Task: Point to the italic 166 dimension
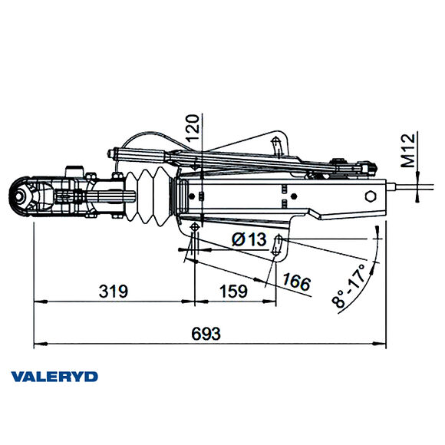tap(296, 282)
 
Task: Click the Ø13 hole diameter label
tap(248, 240)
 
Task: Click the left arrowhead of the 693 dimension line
tap(35, 342)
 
